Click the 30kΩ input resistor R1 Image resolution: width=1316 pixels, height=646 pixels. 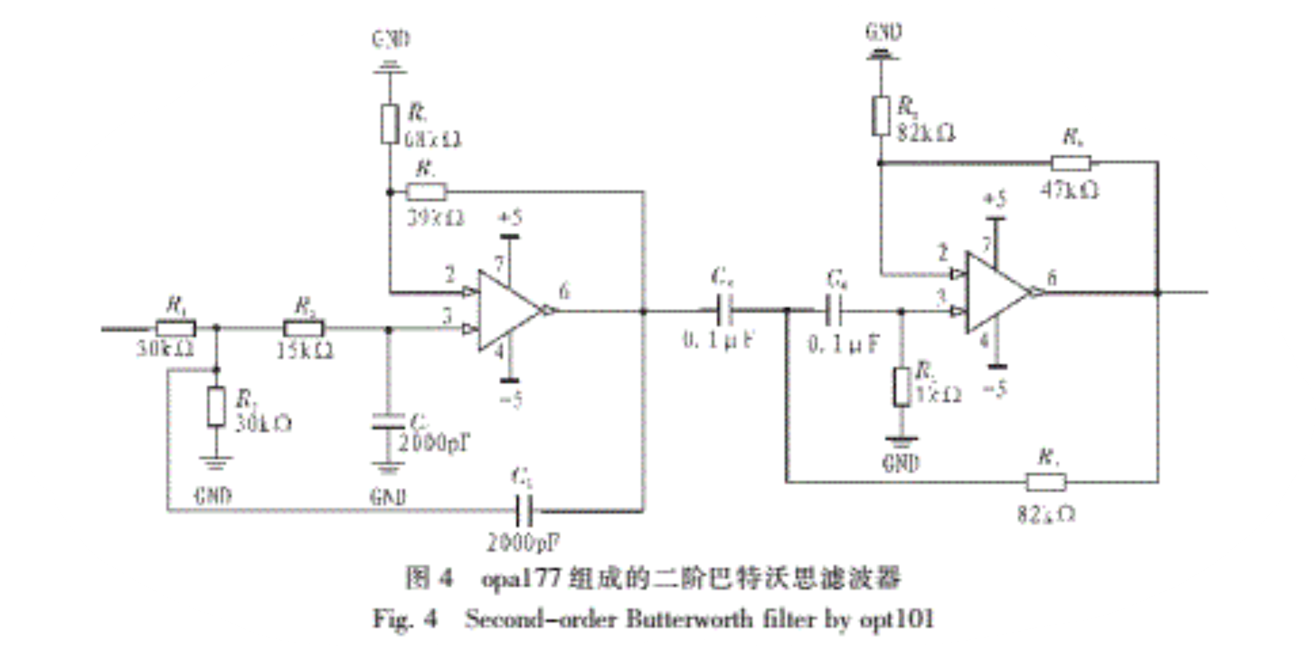(175, 329)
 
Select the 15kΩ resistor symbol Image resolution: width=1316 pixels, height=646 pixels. (304, 329)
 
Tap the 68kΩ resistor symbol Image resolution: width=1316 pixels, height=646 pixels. (389, 124)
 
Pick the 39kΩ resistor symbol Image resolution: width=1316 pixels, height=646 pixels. (426, 192)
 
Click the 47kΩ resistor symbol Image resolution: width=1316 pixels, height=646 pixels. (1071, 163)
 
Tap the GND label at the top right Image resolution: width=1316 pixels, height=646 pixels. (883, 31)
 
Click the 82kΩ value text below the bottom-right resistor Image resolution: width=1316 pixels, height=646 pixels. (1047, 514)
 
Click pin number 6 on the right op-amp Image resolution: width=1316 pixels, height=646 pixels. (1052, 278)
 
